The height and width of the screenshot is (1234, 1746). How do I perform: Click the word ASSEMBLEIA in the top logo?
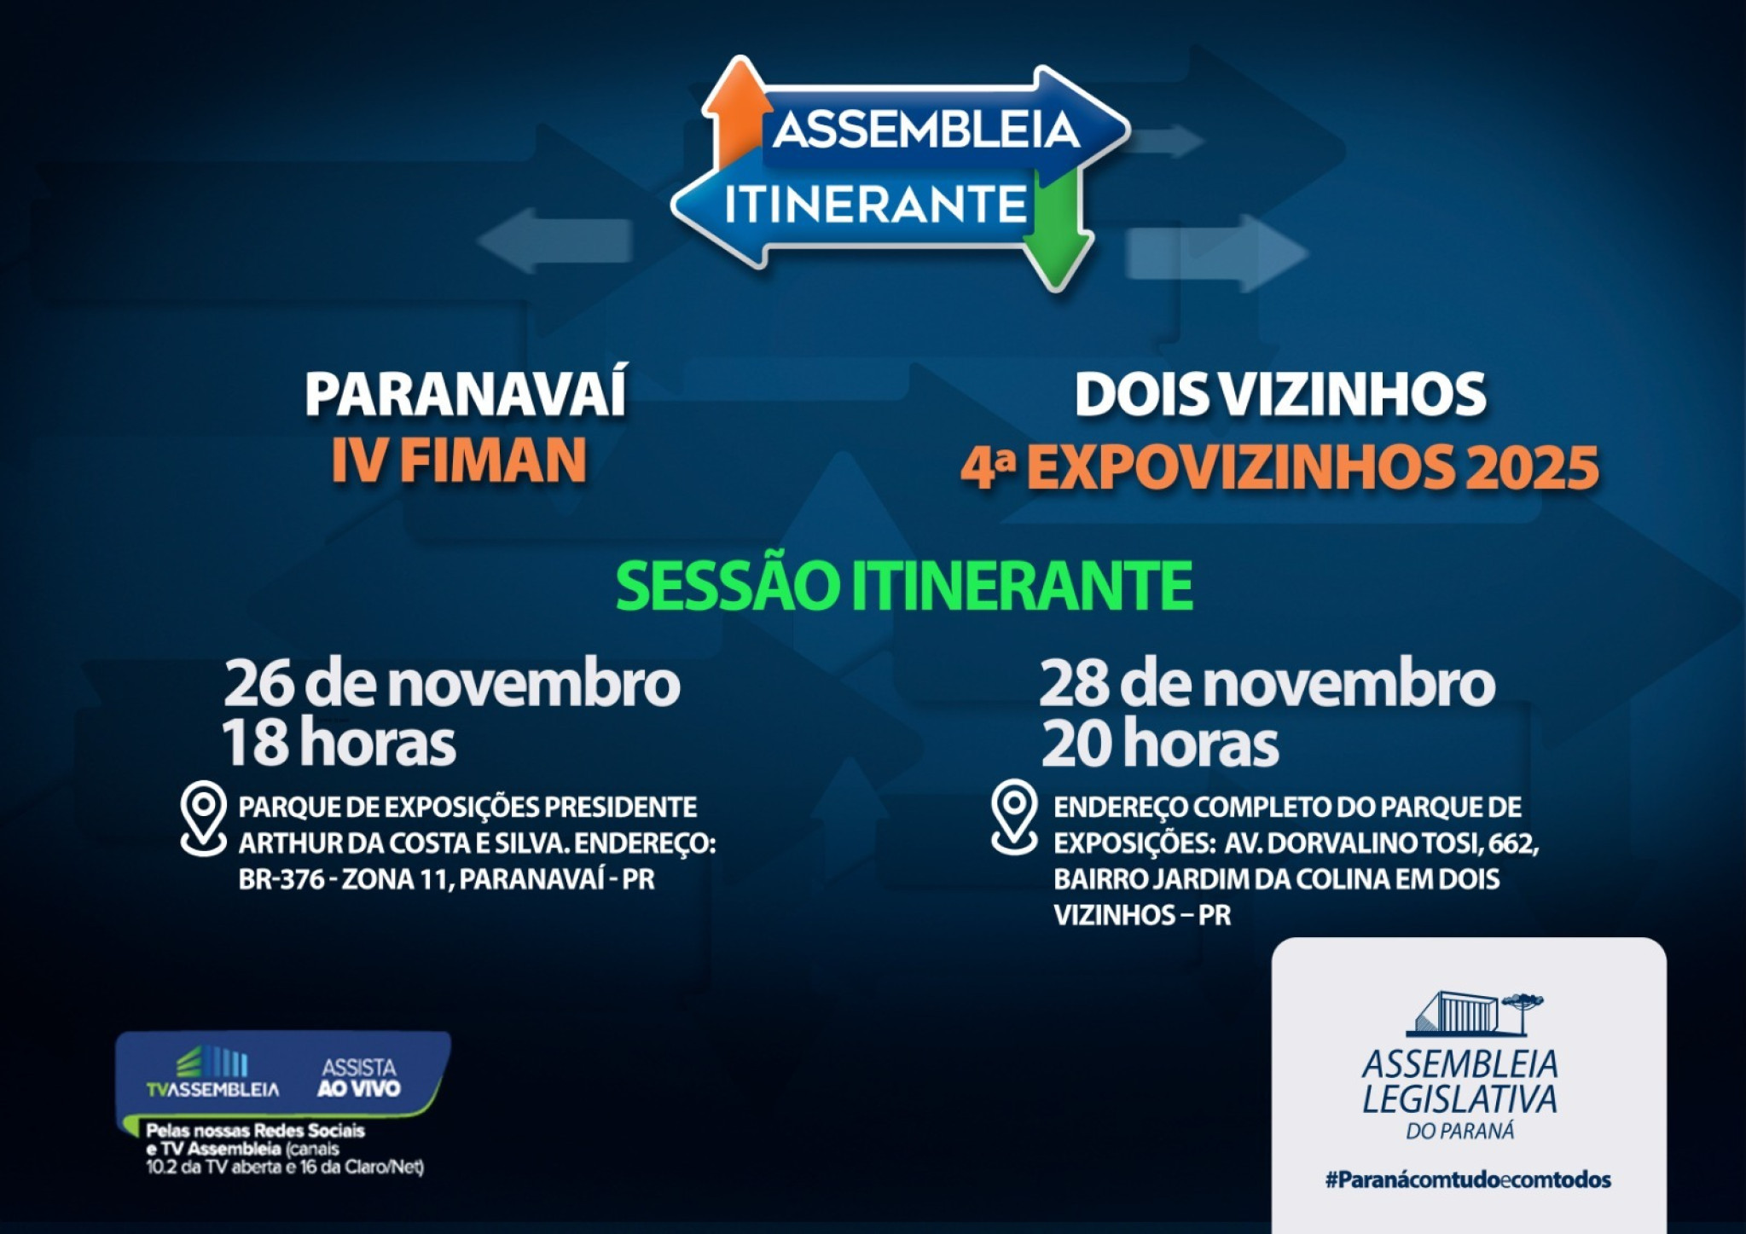pos(926,130)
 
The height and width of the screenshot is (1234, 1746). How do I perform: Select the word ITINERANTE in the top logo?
pos(875,205)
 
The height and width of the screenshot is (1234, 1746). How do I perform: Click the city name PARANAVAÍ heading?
pos(466,393)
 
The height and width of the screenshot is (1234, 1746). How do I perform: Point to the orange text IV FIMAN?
pos(459,461)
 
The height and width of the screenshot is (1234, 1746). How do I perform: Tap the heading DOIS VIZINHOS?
pos(1279,395)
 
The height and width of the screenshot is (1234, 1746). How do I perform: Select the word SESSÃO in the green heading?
pos(729,587)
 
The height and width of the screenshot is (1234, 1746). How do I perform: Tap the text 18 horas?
pos(339,743)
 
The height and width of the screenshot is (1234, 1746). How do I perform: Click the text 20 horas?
pos(1159,744)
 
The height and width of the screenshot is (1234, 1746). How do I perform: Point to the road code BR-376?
pos(281,879)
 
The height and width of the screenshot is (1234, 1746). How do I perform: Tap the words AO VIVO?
pos(358,1089)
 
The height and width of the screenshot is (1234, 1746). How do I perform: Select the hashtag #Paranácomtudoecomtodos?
pos(1468,1180)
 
